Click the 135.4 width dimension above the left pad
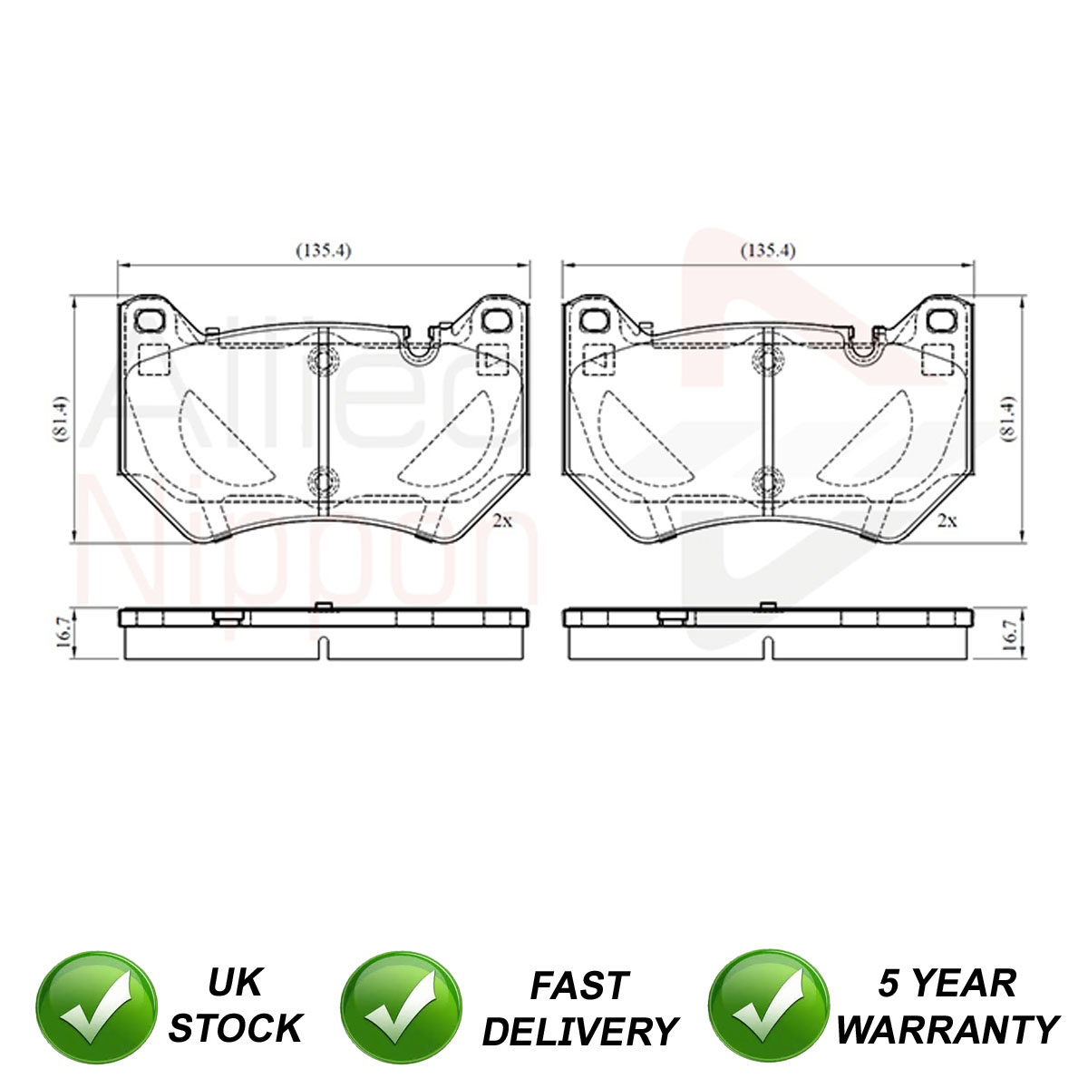[324, 250]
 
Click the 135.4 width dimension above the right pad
[768, 250]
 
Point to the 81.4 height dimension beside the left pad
[61, 418]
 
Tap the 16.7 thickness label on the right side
[1010, 635]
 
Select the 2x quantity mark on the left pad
[502, 520]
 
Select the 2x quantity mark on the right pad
[947, 520]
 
